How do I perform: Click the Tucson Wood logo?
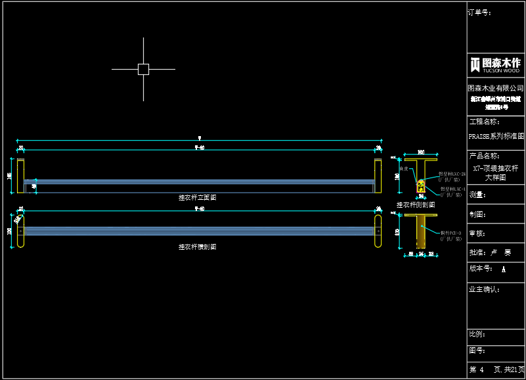pyautogui.click(x=495, y=64)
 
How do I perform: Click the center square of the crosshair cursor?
pyautogui.click(x=143, y=69)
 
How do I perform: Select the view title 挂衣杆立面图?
pyautogui.click(x=197, y=197)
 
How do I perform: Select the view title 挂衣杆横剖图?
pyautogui.click(x=197, y=247)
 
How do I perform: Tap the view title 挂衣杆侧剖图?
pyautogui.click(x=416, y=205)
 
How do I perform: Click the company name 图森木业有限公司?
pyautogui.click(x=496, y=88)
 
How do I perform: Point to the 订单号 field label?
pyautogui.click(x=479, y=12)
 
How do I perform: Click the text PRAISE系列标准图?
pyautogui.click(x=496, y=137)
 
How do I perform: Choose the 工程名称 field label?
pyautogui.click(x=484, y=122)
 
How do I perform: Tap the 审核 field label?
pyautogui.click(x=477, y=233)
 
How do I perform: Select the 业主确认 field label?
pyautogui.click(x=484, y=289)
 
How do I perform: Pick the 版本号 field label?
pyautogui.click(x=481, y=269)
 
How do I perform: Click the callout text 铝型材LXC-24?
pyautogui.click(x=452, y=174)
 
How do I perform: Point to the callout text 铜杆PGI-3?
pyautogui.click(x=451, y=233)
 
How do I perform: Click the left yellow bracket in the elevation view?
pyautogui.click(x=20, y=176)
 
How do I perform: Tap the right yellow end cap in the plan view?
pyautogui.click(x=378, y=231)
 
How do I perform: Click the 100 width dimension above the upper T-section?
pyautogui.click(x=421, y=153)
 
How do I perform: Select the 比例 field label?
pyautogui.click(x=477, y=334)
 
